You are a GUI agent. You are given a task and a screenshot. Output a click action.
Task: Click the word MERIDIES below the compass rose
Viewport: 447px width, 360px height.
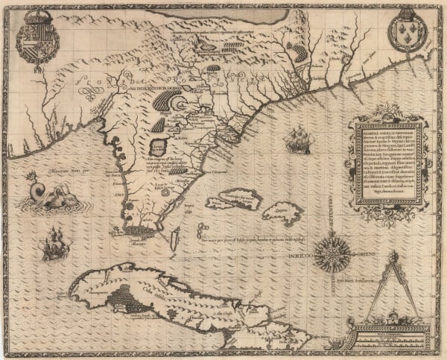tap(329, 282)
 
